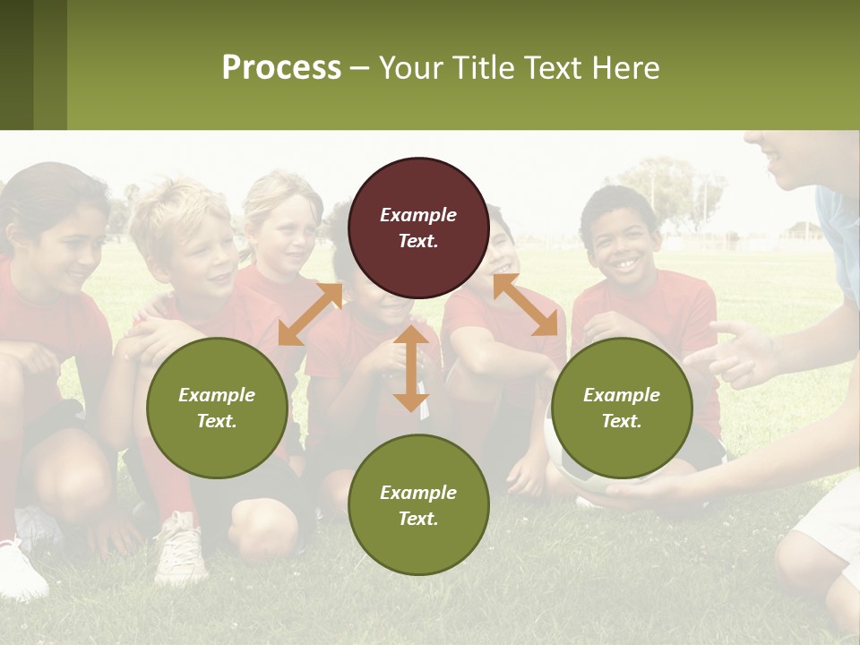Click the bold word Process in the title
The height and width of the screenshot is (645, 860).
click(x=281, y=68)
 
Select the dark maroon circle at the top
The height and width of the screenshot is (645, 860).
click(x=418, y=228)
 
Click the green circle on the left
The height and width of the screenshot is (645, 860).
click(x=217, y=408)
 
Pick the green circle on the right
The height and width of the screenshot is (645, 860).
click(x=622, y=408)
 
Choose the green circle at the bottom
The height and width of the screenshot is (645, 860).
click(x=418, y=505)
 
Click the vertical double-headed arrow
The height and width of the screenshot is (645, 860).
click(x=411, y=368)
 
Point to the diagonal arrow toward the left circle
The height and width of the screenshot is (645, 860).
click(x=310, y=314)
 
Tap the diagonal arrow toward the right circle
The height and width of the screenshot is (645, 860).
click(x=525, y=305)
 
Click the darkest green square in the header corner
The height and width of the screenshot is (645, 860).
click(x=16, y=64)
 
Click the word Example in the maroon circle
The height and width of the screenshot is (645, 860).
click(x=418, y=215)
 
